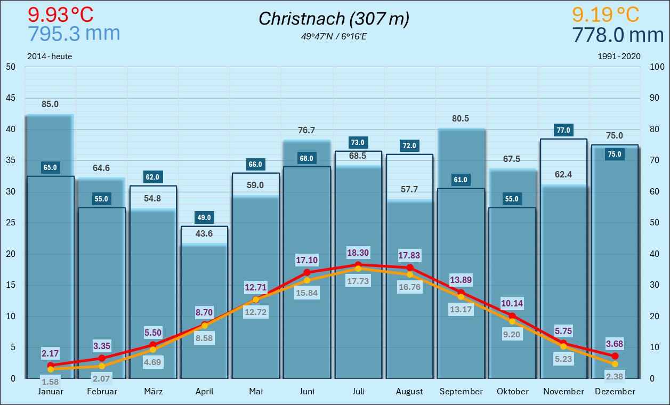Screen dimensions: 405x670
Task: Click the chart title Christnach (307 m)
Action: [334, 19]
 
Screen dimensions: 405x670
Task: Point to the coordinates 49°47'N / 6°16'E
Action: [334, 37]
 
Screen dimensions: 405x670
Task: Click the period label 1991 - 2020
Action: [619, 56]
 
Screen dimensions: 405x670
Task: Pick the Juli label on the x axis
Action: [358, 392]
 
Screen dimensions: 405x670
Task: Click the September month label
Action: [461, 392]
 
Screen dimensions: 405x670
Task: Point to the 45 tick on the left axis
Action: [11, 98]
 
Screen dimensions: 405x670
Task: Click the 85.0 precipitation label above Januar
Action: [50, 104]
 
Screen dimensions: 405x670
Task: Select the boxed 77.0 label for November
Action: [563, 130]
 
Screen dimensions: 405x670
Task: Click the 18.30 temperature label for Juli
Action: [358, 253]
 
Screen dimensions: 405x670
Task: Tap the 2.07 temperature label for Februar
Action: [101, 379]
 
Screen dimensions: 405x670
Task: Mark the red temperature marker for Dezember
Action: [615, 355]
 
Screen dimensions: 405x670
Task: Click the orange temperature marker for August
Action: [410, 274]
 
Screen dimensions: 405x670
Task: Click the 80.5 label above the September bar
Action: [461, 118]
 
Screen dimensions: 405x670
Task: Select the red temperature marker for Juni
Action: [307, 272]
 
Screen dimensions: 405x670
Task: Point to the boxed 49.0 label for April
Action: [204, 217]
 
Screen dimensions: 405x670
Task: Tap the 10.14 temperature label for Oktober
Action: [512, 304]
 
